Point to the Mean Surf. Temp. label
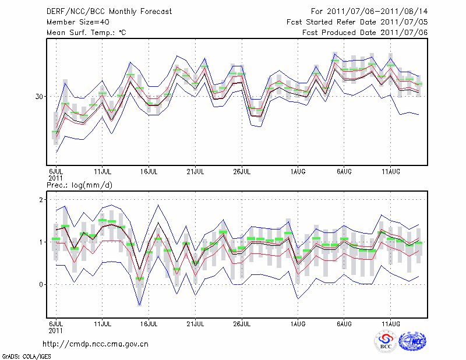pyautogui.click(x=86, y=32)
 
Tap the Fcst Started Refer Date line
pyautogui.click(x=357, y=22)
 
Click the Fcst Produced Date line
pyautogui.click(x=365, y=32)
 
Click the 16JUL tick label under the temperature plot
pyautogui.click(x=149, y=171)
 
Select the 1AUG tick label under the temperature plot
pyautogui.click(x=298, y=171)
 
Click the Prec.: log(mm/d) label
pyautogui.click(x=79, y=185)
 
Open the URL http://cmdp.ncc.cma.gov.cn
pyautogui.click(x=96, y=344)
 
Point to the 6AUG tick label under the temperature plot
pyautogui.click(x=344, y=171)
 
